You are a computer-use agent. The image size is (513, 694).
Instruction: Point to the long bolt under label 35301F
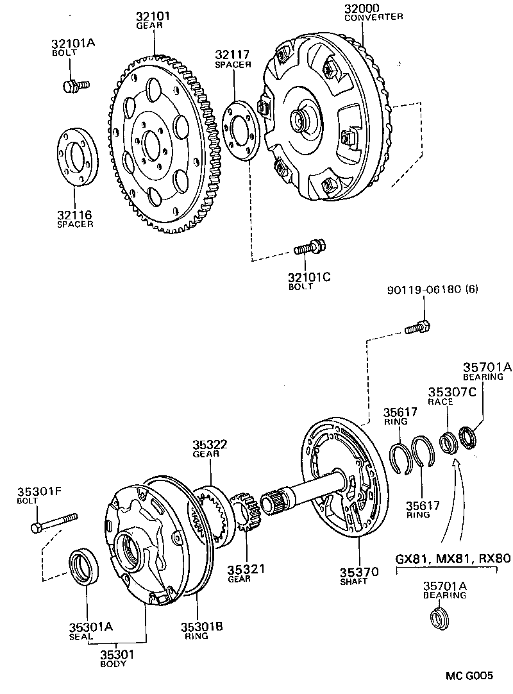point(54,521)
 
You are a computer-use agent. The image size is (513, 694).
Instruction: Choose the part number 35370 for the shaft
point(359,571)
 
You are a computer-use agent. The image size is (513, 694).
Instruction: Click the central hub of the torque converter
point(299,119)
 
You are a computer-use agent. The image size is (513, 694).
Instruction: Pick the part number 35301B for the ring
point(201,627)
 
